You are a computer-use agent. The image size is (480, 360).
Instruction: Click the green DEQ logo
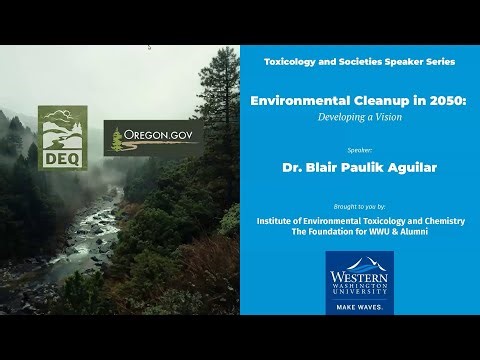coord(62,136)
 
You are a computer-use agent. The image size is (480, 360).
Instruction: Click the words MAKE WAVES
coord(359,305)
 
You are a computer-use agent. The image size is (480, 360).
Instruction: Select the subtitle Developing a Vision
coord(359,116)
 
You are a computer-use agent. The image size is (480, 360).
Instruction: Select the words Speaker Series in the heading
coord(422,62)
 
